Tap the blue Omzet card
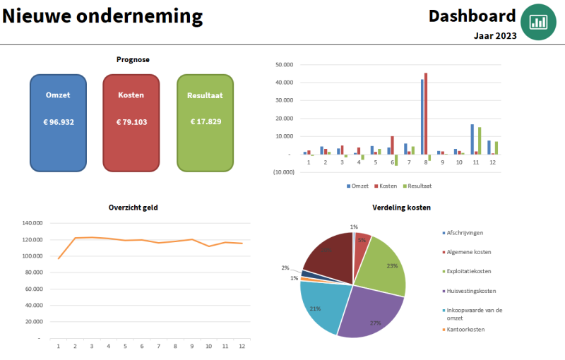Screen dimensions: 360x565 pyautogui.click(x=58, y=123)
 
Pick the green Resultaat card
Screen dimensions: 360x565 pyautogui.click(x=205, y=123)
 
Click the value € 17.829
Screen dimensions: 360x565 pyautogui.click(x=206, y=121)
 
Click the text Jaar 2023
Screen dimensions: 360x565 pyautogui.click(x=495, y=35)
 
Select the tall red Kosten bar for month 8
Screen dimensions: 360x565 pyautogui.click(x=426, y=113)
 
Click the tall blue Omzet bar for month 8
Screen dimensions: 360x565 pyautogui.click(x=422, y=116)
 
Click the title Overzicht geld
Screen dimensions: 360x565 pyautogui.click(x=133, y=208)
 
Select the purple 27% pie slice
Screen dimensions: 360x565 pyautogui.click(x=367, y=311)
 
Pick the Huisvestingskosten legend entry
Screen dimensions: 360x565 pyautogui.click(x=471, y=291)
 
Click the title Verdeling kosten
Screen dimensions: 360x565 pyautogui.click(x=402, y=208)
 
